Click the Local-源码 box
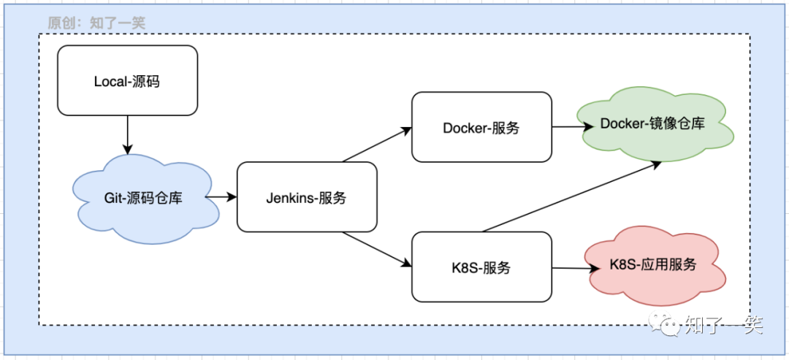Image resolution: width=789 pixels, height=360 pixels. click(x=128, y=80)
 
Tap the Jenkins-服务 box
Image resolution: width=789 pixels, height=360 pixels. click(x=307, y=197)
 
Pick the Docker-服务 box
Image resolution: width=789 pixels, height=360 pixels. click(x=482, y=127)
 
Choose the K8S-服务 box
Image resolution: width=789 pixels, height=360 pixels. click(x=482, y=267)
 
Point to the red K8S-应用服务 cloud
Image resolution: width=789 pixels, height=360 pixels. click(x=655, y=266)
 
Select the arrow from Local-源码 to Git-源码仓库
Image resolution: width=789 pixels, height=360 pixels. click(x=128, y=135)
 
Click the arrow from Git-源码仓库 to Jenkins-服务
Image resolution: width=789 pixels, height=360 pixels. click(x=221, y=197)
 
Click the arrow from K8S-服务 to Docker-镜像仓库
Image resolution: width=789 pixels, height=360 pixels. click(x=571, y=196)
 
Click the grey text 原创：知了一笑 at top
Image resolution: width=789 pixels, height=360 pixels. click(x=96, y=23)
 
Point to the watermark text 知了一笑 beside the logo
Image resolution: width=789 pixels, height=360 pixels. click(x=723, y=325)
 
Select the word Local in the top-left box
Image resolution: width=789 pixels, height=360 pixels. click(x=110, y=81)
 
